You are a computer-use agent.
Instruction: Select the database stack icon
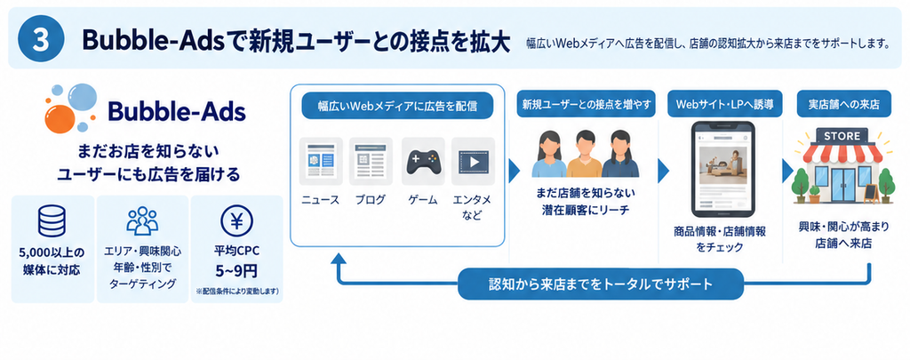(52, 221)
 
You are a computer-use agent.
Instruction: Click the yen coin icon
(236, 221)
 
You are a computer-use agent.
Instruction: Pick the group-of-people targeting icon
(142, 221)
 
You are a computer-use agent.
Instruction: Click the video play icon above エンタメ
(473, 161)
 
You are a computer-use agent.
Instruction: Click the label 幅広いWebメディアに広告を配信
(397, 107)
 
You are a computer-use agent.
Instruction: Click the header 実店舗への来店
(842, 105)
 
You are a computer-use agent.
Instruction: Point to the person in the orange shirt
(585, 155)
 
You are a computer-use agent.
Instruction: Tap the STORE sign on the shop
(842, 136)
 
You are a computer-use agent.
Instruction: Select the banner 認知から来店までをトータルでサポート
(601, 284)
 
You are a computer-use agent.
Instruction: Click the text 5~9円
(236, 270)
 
